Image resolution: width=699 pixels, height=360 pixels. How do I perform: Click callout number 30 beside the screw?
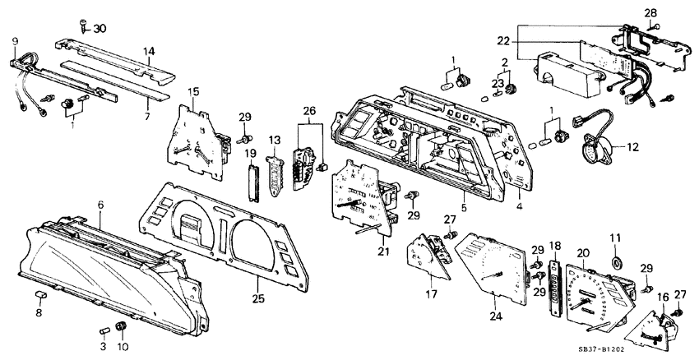[100, 29]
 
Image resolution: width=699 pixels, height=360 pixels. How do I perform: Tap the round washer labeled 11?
[614, 263]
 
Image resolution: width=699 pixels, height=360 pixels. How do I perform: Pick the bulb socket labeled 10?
[123, 327]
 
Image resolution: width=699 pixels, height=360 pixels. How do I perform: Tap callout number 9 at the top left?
[14, 40]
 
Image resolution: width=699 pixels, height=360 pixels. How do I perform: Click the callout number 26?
[309, 111]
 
